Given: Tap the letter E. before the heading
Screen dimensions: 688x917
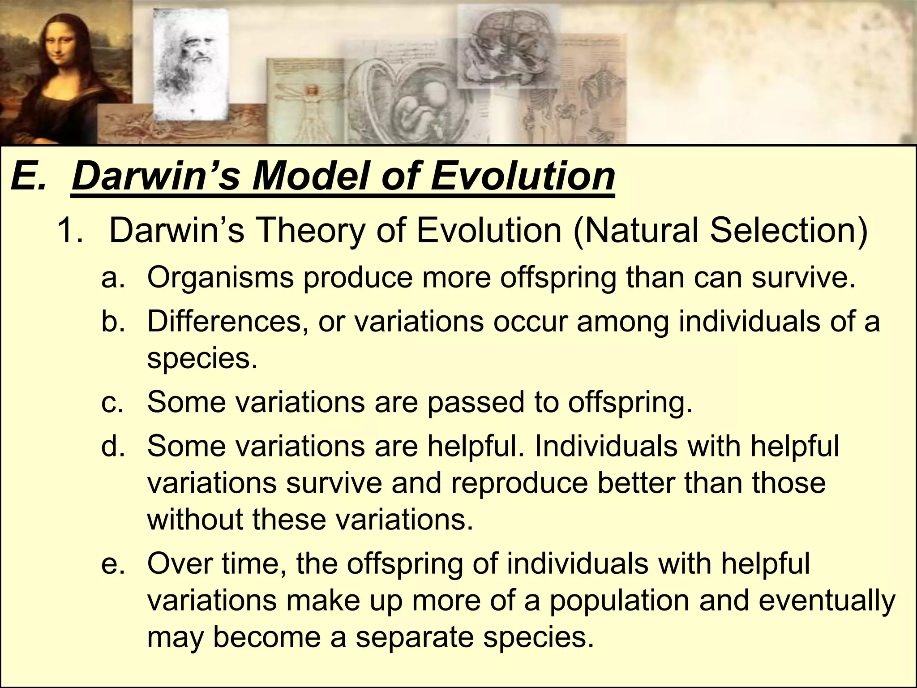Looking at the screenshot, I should (x=28, y=176).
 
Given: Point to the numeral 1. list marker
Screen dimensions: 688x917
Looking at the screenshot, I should (x=70, y=232).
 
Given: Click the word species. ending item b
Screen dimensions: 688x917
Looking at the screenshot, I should (x=203, y=359).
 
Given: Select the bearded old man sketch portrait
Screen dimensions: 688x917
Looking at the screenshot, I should (x=190, y=63).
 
